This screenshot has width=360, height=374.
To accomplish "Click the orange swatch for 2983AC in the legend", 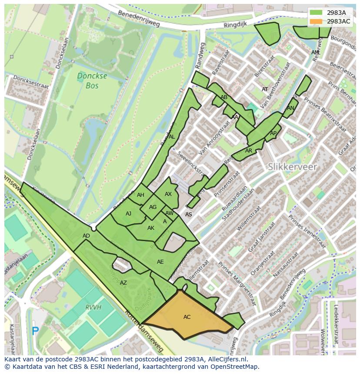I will pos(316,21).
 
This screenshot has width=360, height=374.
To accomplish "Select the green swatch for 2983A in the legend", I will pos(316,13).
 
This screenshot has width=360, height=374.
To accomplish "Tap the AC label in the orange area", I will pos(187,317).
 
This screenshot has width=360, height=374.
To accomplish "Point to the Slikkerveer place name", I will pos(292,167).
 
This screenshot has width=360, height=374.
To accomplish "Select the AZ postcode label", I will pos(123,283).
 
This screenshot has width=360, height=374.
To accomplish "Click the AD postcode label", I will pos(86,236).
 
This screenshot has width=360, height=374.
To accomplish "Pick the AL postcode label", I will pos(172,137).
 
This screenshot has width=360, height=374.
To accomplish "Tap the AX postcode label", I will pos(168,194).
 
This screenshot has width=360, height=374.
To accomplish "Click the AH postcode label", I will pos(140,195).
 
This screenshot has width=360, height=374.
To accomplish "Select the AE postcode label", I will pos(160,262).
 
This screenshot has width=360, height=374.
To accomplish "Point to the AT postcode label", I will pos(265,89).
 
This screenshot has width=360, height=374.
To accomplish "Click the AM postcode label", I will pos(315,53).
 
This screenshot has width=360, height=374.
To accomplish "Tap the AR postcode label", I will pos(249,151).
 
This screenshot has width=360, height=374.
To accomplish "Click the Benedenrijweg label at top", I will pos(139,18).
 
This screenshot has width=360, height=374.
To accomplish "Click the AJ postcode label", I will pos(128,214).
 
